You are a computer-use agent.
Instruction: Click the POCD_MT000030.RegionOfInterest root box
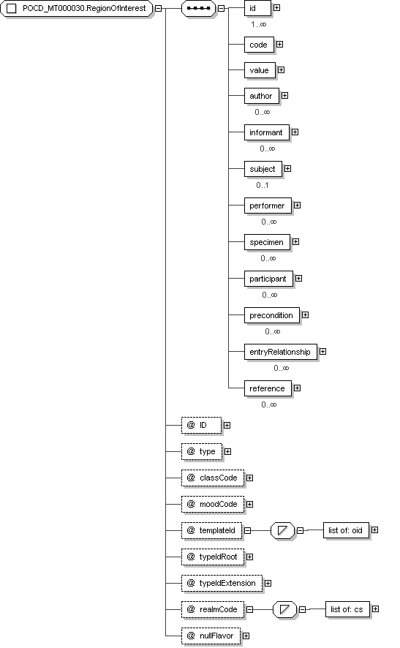(77, 8)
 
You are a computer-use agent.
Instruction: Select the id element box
(257, 8)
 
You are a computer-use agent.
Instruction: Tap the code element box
(259, 45)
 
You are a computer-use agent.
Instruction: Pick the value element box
(260, 70)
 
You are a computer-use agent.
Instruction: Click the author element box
(262, 96)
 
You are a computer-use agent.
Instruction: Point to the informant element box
(266, 132)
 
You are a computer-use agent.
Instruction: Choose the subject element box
(263, 169)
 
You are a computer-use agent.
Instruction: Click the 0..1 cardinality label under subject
(263, 185)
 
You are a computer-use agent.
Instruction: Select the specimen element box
(267, 242)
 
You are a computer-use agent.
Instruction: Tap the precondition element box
(271, 315)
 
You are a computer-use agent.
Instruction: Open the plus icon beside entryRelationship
(322, 351)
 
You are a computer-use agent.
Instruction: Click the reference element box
(268, 388)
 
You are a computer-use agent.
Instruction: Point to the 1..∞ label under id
(259, 24)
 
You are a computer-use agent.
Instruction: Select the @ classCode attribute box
(212, 478)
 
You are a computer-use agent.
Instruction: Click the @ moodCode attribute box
(212, 504)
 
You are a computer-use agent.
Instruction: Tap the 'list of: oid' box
(346, 530)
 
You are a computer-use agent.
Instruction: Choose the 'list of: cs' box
(347, 609)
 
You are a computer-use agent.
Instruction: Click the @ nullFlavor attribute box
(211, 636)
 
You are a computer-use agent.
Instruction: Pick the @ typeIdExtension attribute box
(222, 583)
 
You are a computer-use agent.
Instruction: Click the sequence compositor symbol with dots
(199, 8)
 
